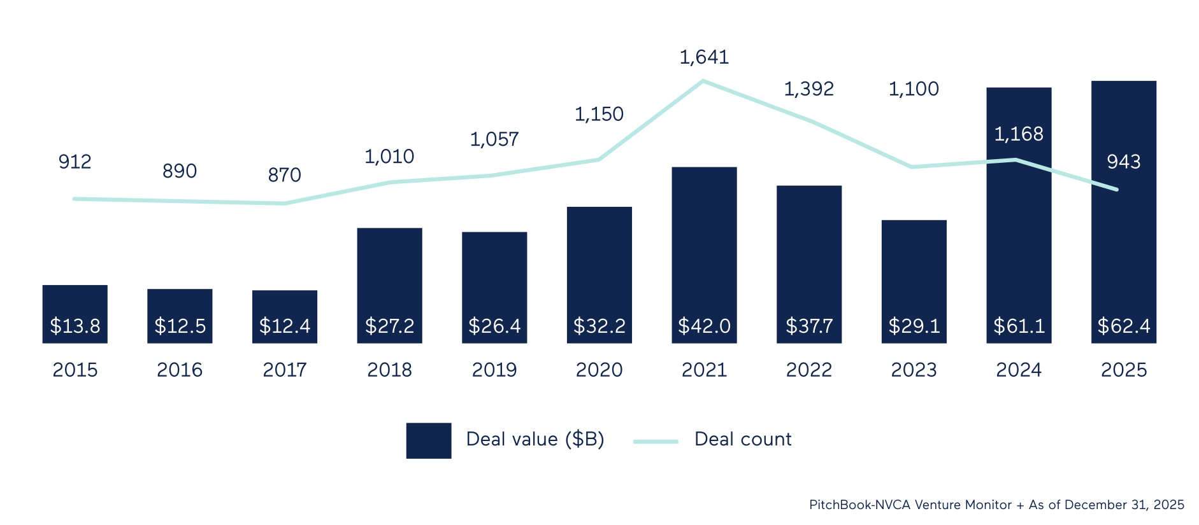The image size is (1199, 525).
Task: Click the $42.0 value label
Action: (x=704, y=326)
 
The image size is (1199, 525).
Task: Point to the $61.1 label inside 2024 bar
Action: (x=1019, y=326)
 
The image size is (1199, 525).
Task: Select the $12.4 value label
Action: (x=284, y=326)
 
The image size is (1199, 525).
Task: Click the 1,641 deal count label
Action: (x=704, y=57)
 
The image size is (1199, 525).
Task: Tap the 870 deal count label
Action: (x=284, y=175)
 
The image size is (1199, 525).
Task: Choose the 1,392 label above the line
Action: (x=808, y=89)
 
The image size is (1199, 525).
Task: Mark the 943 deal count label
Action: (x=1123, y=162)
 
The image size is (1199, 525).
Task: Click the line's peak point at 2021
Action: (x=703, y=81)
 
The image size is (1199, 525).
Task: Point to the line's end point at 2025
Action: (x=1116, y=189)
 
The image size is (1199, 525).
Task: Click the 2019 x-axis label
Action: (x=494, y=370)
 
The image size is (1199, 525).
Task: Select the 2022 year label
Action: (x=808, y=370)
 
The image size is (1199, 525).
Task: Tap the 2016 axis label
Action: (x=180, y=370)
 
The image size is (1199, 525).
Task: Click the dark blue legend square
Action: (x=429, y=440)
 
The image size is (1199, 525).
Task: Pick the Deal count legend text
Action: (x=742, y=439)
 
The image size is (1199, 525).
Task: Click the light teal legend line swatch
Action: (x=656, y=441)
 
